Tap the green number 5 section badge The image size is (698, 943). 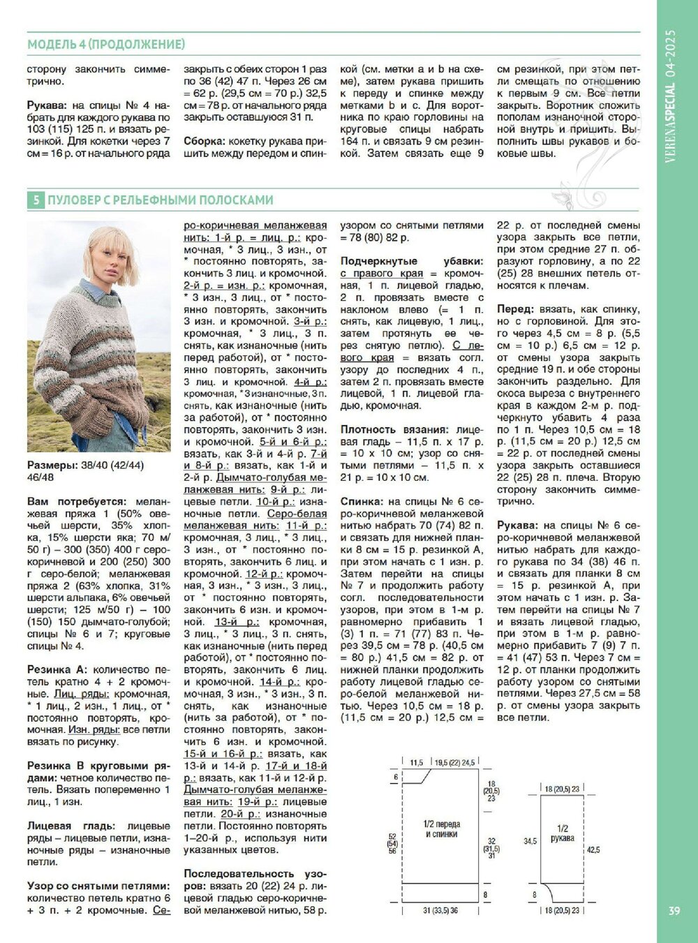(x=35, y=200)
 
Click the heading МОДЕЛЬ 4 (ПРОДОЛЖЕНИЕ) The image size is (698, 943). (x=106, y=45)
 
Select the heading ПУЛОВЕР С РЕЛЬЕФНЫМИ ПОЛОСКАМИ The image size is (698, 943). (x=160, y=200)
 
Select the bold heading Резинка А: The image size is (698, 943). (x=57, y=669)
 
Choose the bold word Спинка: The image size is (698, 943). (x=362, y=501)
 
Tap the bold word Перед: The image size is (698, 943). (x=516, y=309)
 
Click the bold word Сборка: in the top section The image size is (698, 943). (x=204, y=140)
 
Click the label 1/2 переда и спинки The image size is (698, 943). (x=441, y=829)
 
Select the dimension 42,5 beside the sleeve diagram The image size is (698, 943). (x=593, y=849)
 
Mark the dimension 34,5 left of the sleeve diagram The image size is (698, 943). (x=530, y=842)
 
